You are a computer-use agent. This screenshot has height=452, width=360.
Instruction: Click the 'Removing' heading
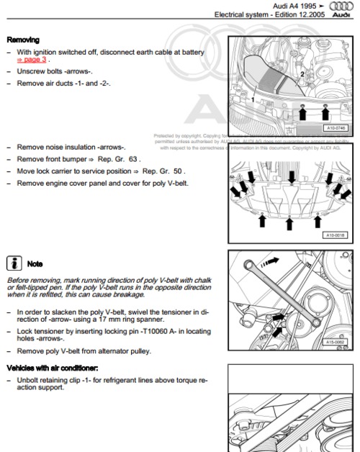click(23, 40)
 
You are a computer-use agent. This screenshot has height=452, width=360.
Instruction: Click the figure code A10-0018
click(335, 235)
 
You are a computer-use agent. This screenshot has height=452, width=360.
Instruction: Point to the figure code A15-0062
click(335, 343)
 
